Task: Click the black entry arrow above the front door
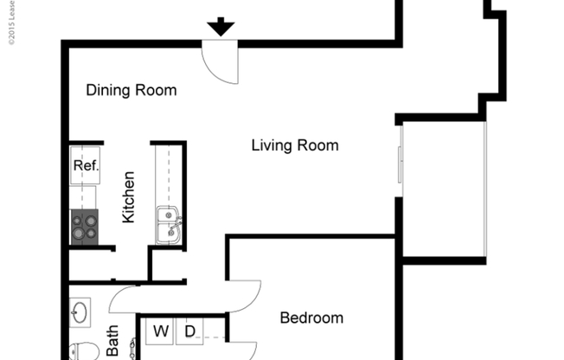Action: [x=221, y=26]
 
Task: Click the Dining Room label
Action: [x=131, y=90]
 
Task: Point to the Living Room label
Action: [x=294, y=145]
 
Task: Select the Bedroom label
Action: [x=311, y=318]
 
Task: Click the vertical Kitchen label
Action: [x=128, y=197]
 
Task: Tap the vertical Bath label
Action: [x=112, y=341]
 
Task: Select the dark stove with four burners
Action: [x=85, y=228]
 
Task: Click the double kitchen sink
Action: [x=169, y=225]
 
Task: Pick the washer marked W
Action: [x=161, y=330]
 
